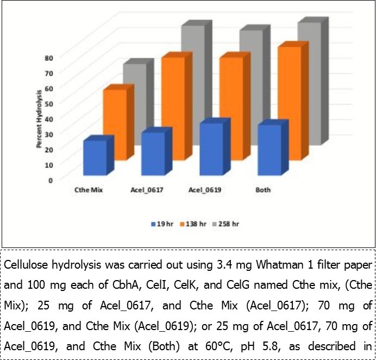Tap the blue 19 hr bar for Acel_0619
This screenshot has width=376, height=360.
pos(211,149)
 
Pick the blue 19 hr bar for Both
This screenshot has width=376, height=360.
pos(270,150)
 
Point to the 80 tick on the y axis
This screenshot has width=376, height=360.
pos(49,57)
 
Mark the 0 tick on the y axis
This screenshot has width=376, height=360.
pos(51,179)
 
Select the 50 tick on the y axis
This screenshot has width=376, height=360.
pos(49,103)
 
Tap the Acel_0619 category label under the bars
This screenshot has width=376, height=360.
pos(199,190)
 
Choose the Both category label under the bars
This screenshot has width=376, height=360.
pos(263,190)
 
